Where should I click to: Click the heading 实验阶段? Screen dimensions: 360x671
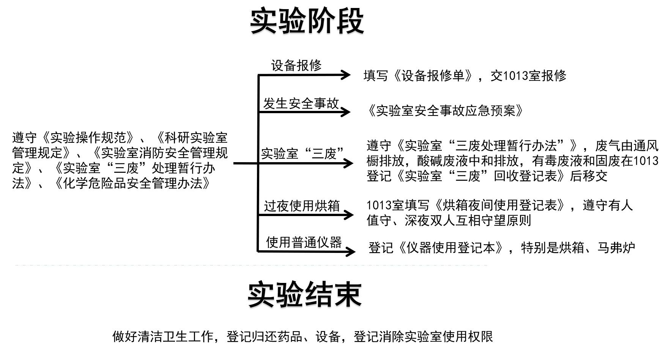[x=307, y=21]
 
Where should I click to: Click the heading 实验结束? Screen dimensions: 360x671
[x=304, y=295]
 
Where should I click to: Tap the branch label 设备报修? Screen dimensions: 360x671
[x=296, y=65]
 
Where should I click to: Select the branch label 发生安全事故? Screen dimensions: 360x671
[x=301, y=103]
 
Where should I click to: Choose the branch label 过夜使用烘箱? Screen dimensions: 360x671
[x=302, y=206]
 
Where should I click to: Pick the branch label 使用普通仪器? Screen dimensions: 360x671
[x=304, y=242]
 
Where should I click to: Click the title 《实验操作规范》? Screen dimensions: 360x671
[x=87, y=137]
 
